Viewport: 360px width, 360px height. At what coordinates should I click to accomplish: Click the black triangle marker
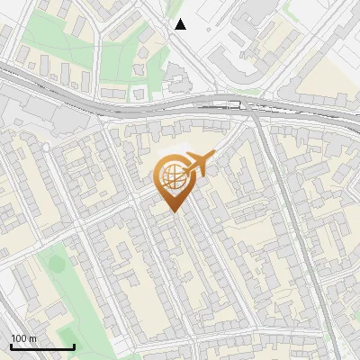[x=180, y=24]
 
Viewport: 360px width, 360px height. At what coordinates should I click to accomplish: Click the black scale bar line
[x=42, y=347]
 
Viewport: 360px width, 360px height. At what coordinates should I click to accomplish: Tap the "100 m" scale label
[x=23, y=338]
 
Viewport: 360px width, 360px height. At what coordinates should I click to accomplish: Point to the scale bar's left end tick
[x=11, y=346]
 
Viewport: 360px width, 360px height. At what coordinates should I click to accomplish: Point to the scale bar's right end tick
[x=74, y=346]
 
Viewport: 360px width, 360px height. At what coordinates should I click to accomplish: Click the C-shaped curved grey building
[x=237, y=67]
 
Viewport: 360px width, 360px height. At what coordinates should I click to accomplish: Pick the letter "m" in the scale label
[x=32, y=338]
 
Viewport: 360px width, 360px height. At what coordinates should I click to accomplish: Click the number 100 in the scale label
[x=19, y=338]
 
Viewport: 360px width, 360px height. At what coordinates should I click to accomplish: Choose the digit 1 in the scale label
[x=13, y=338]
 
